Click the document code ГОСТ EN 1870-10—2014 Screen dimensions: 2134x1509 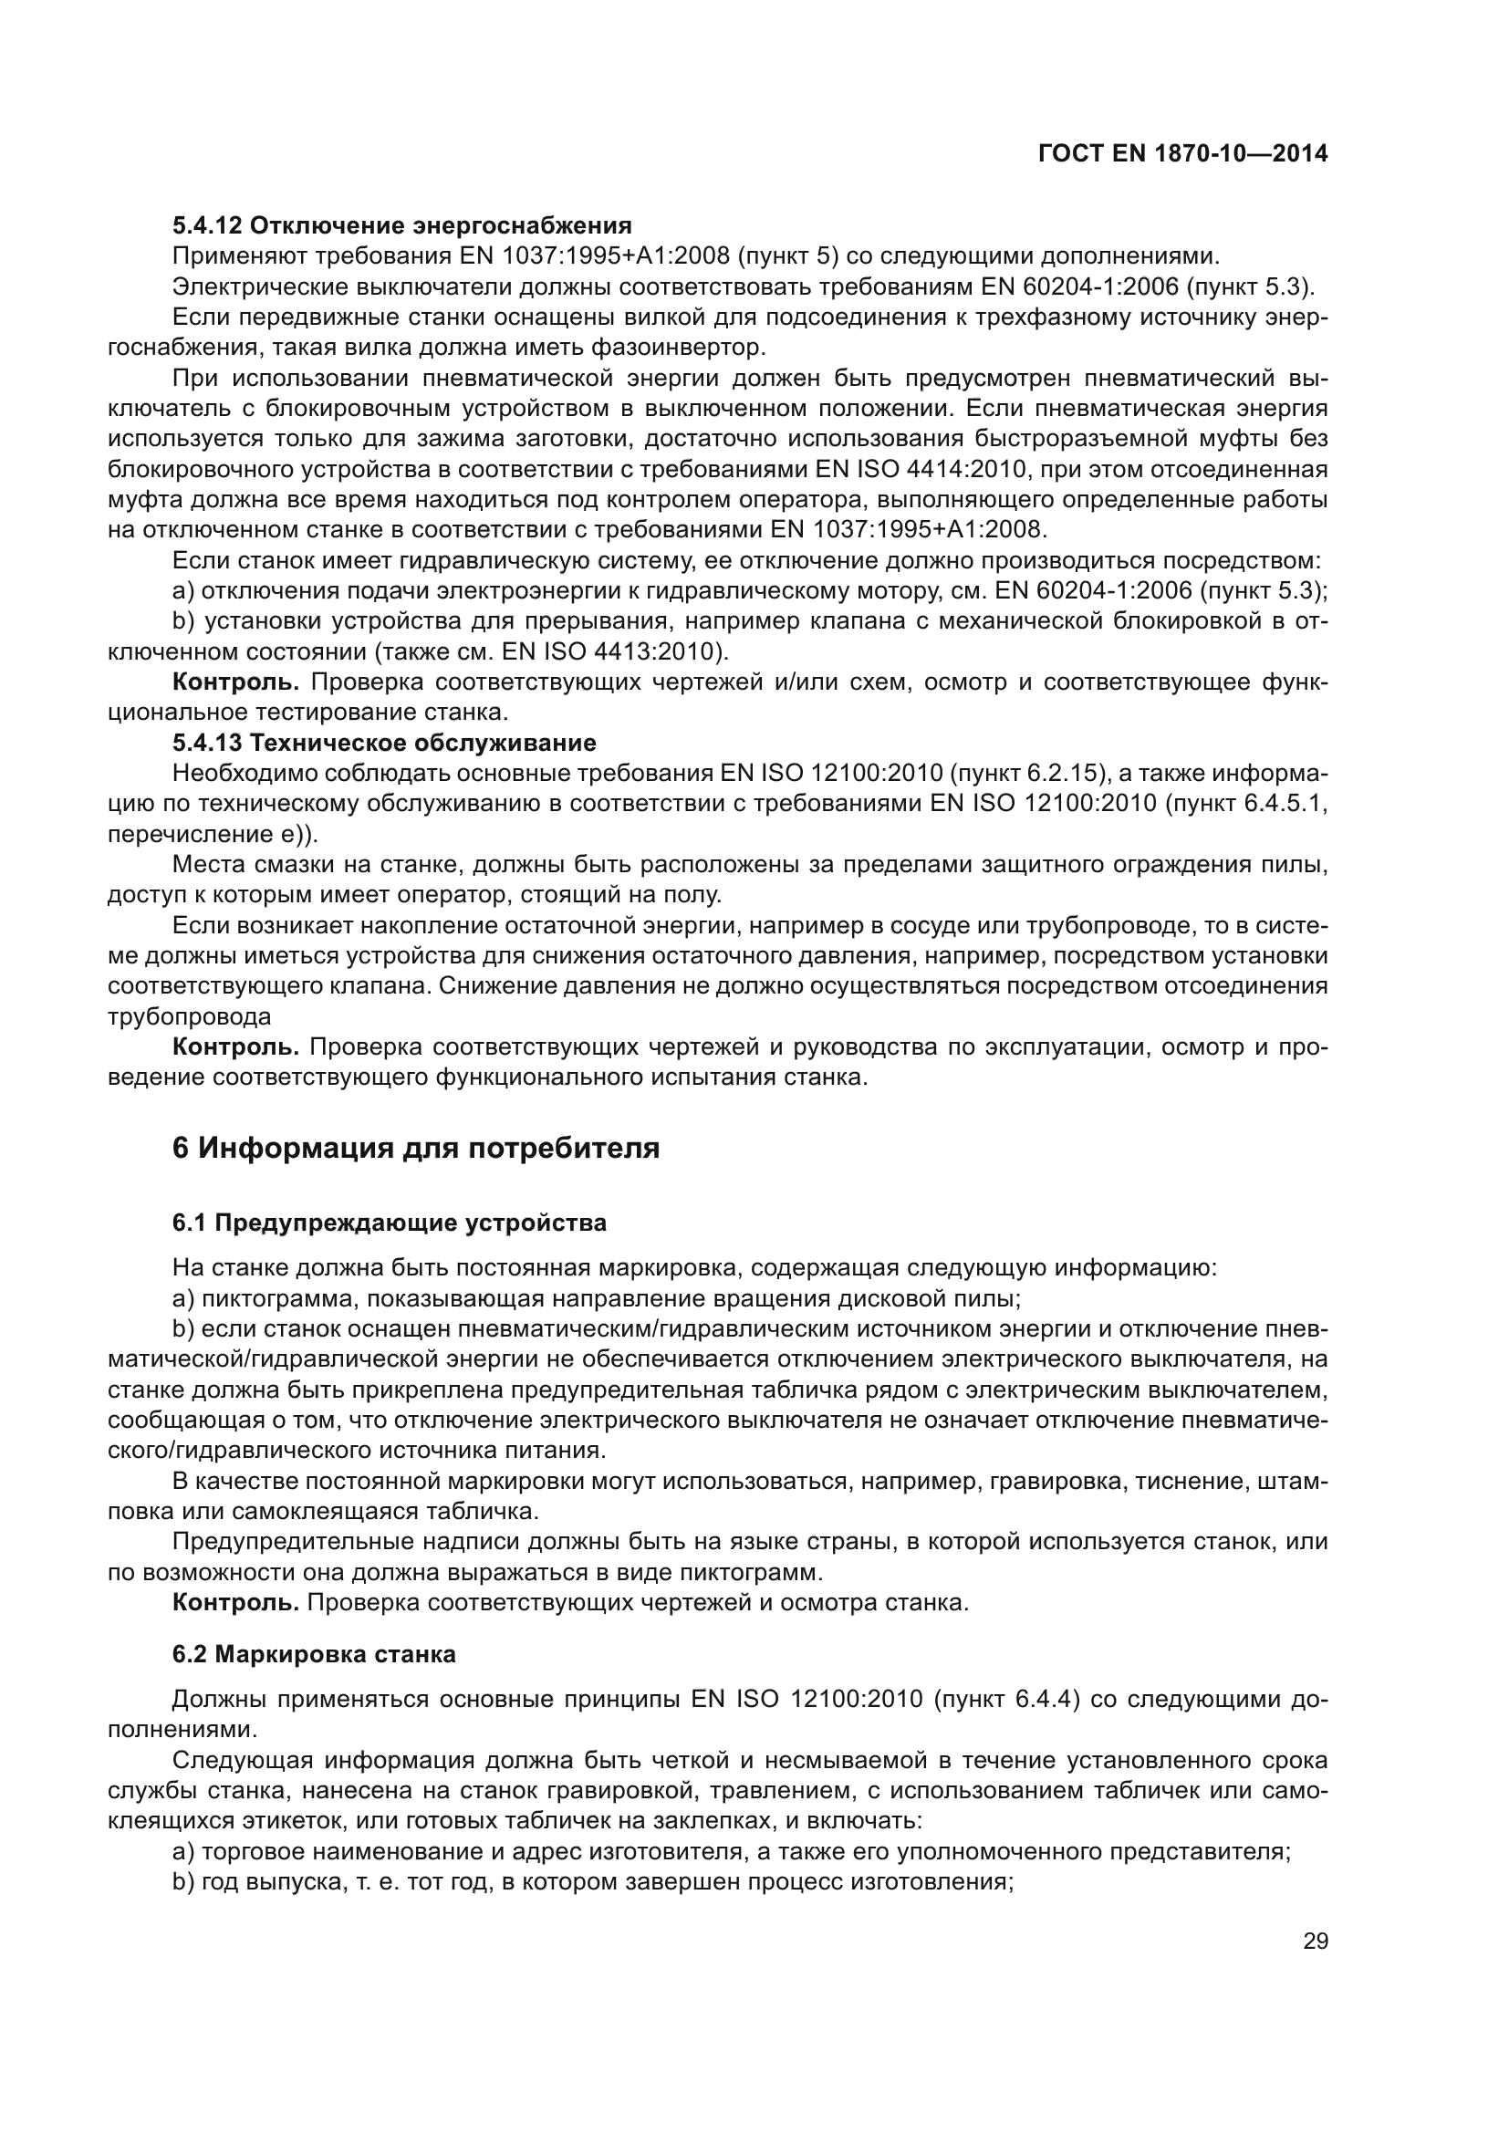pos(1181,154)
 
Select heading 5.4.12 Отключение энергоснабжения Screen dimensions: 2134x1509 pos(401,225)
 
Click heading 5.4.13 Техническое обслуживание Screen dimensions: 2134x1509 pos(384,743)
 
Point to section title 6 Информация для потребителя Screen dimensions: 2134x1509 pos(415,1148)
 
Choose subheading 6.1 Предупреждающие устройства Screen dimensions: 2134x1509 pos(389,1223)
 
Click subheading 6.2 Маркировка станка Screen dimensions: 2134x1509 pos(314,1654)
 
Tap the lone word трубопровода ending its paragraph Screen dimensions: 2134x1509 pos(190,1016)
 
